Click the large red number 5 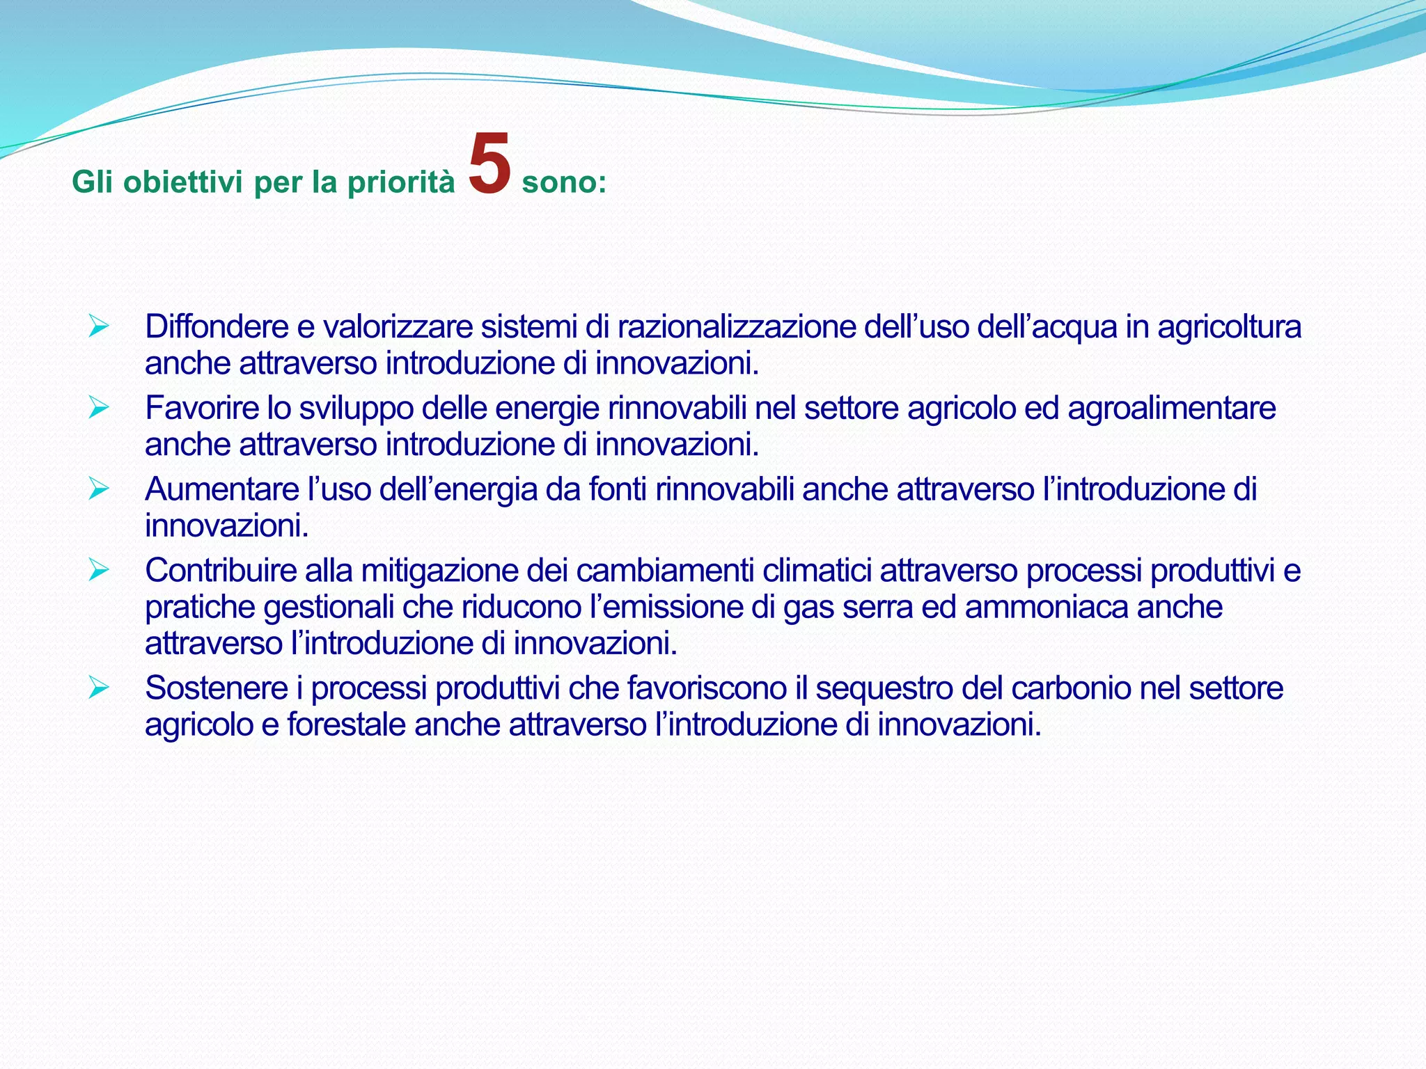pyautogui.click(x=490, y=164)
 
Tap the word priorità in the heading pyautogui.click(x=400, y=183)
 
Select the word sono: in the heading pyautogui.click(x=564, y=183)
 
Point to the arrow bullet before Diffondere pyautogui.click(x=99, y=326)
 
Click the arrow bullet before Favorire pyautogui.click(x=99, y=408)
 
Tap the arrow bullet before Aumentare pyautogui.click(x=99, y=489)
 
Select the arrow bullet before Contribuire pyautogui.click(x=99, y=571)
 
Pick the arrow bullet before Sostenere pyautogui.click(x=99, y=688)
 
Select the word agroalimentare pyautogui.click(x=1171, y=408)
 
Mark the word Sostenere pyautogui.click(x=217, y=688)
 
